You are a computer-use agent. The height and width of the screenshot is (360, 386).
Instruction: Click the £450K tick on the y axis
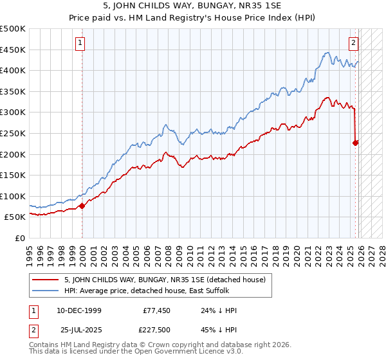13,50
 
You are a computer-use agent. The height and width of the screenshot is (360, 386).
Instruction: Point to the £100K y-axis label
13,196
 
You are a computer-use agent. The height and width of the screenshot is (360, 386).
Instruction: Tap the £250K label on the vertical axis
13,134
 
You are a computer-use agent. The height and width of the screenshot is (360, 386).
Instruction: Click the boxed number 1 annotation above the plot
80,43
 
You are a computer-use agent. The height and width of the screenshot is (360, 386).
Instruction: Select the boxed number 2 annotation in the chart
353,43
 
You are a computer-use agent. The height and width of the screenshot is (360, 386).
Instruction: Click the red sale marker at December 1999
82,206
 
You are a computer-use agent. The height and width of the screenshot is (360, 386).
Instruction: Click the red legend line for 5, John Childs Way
46,279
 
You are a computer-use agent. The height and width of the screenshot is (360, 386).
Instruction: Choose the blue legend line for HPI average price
46,290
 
